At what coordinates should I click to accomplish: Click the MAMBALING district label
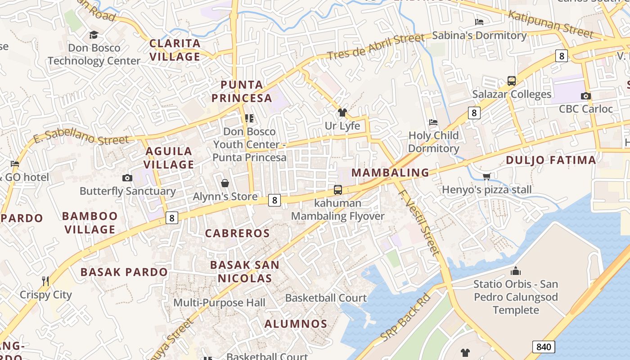pyautogui.click(x=390, y=172)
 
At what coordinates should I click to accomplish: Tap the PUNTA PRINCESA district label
pyautogui.click(x=242, y=91)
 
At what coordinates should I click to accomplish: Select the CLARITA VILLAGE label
pyautogui.click(x=175, y=50)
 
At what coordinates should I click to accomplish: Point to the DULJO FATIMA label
pyautogui.click(x=551, y=160)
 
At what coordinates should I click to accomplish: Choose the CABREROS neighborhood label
pyautogui.click(x=237, y=233)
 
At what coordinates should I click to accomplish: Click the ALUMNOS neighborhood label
pyautogui.click(x=296, y=324)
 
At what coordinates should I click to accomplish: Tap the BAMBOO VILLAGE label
pyautogui.click(x=90, y=223)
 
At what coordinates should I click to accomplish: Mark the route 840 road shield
pyautogui.click(x=544, y=346)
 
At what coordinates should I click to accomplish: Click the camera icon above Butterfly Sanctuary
pyautogui.click(x=127, y=178)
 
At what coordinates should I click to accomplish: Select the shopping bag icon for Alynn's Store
pyautogui.click(x=225, y=183)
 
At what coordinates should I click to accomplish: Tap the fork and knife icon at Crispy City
pyautogui.click(x=45, y=281)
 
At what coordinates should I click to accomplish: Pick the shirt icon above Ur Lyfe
pyautogui.click(x=342, y=112)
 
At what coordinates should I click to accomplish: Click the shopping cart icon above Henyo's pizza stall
pyautogui.click(x=486, y=176)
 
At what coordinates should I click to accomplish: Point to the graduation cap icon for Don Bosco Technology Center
pyautogui.click(x=94, y=35)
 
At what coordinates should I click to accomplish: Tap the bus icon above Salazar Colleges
pyautogui.click(x=512, y=81)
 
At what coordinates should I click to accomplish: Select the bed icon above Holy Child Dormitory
pyautogui.click(x=433, y=122)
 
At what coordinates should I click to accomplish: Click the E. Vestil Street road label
pyautogui.click(x=418, y=222)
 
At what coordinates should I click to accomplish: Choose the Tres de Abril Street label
pyautogui.click(x=375, y=47)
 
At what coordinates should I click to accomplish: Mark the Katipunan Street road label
pyautogui.click(x=550, y=24)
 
